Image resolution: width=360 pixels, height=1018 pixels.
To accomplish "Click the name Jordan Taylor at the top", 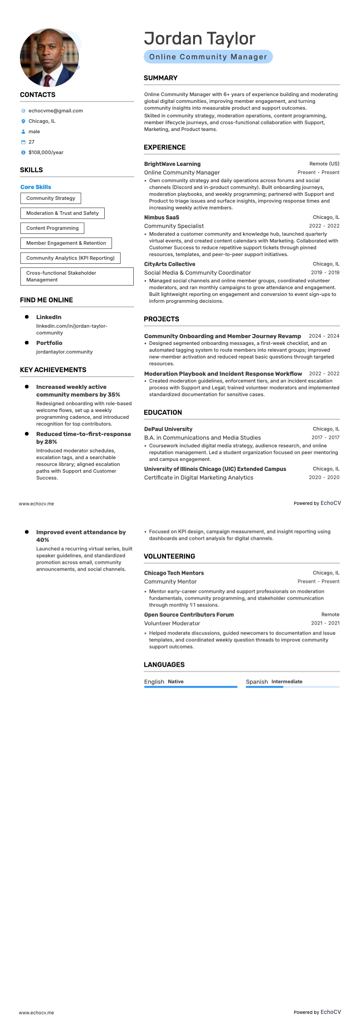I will (199, 39).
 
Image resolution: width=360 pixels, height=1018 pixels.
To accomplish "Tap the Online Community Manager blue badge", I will (208, 57).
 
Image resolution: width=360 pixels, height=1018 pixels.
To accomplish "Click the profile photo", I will (49, 58).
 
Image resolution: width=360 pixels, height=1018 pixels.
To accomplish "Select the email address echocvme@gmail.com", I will (55, 111).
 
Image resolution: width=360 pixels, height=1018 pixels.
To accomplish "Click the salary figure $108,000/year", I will (46, 152).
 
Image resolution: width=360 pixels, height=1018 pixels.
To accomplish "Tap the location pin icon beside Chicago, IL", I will (23, 121).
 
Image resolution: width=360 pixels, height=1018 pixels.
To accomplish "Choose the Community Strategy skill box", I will (51, 198).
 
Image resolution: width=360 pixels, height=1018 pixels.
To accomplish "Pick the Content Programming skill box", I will (53, 228).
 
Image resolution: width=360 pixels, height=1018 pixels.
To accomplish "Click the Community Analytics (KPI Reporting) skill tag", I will (70, 258).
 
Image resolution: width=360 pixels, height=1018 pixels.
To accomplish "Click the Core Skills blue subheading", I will (36, 187).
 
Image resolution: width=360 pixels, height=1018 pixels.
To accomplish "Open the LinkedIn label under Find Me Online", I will (49, 317).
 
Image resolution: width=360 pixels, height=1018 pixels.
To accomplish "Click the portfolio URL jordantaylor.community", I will (64, 352).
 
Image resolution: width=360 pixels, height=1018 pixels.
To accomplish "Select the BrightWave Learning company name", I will (172, 164).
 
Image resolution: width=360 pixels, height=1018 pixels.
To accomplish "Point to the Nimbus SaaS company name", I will (161, 217).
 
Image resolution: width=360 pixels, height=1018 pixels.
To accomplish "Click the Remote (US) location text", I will (324, 164).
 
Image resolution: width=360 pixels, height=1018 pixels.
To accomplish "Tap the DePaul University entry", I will (168, 429).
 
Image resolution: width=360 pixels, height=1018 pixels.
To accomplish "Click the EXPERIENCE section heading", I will (165, 147).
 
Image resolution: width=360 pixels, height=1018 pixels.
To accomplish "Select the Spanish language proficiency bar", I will (292, 687).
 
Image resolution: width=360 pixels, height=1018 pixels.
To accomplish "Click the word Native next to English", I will (175, 681).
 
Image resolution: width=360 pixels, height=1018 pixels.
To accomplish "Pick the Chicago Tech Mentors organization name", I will (174, 573).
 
